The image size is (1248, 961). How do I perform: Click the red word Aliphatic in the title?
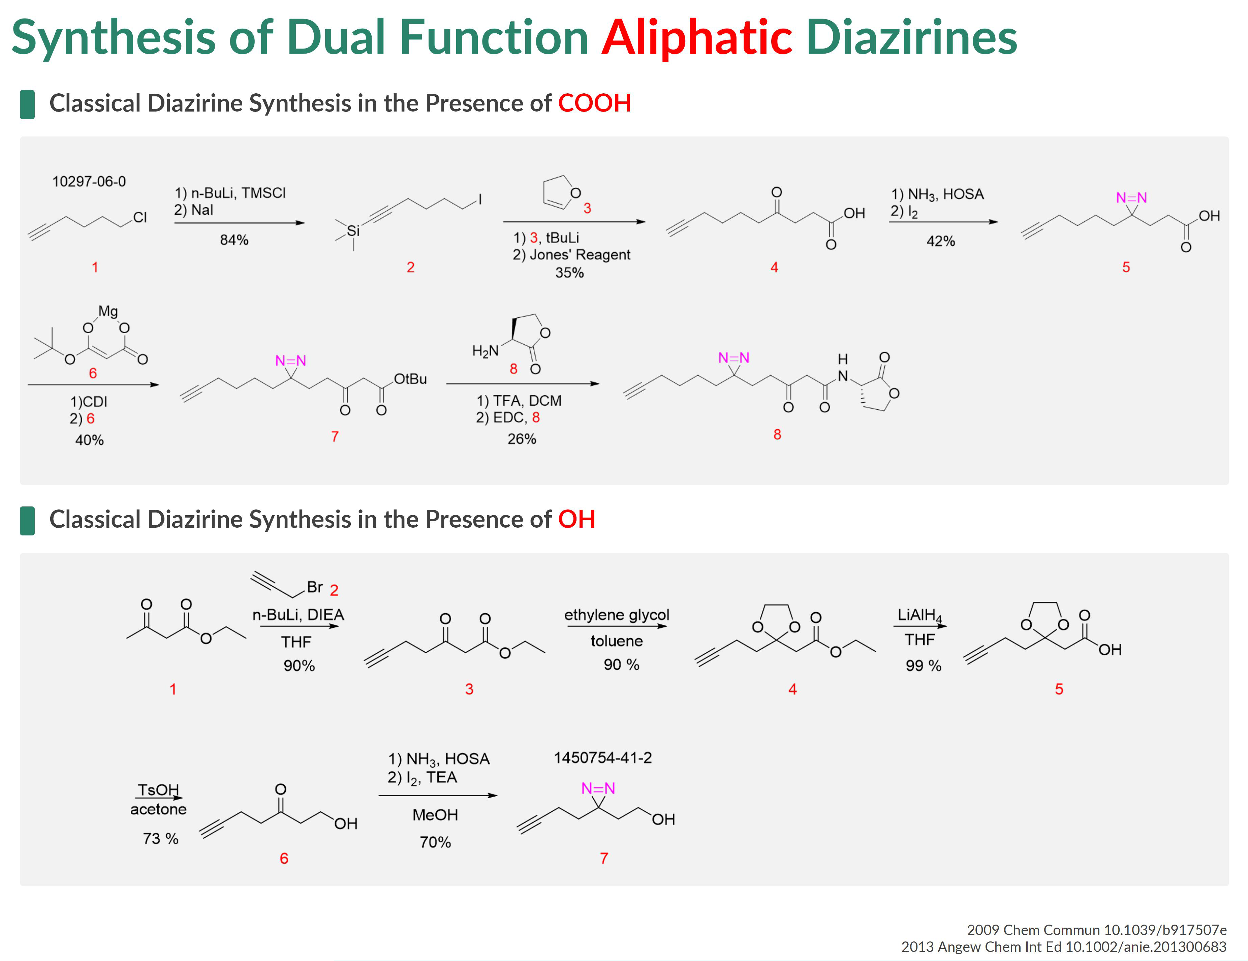tap(696, 38)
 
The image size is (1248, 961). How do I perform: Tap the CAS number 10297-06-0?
tap(89, 182)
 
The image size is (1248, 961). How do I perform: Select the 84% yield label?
tap(234, 240)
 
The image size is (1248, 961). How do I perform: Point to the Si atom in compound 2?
tap(353, 231)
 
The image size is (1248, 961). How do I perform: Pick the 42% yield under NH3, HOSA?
tap(941, 241)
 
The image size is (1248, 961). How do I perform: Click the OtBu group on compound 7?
tap(410, 379)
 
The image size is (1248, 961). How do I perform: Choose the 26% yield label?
tap(522, 439)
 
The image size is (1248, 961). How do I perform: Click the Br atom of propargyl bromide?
tap(315, 587)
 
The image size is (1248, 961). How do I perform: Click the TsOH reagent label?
tap(158, 789)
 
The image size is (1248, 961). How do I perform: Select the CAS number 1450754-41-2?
tap(603, 757)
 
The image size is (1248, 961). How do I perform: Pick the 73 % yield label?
tap(161, 838)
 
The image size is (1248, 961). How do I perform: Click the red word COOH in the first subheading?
tap(594, 103)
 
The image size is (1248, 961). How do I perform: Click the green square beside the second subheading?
tap(27, 521)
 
